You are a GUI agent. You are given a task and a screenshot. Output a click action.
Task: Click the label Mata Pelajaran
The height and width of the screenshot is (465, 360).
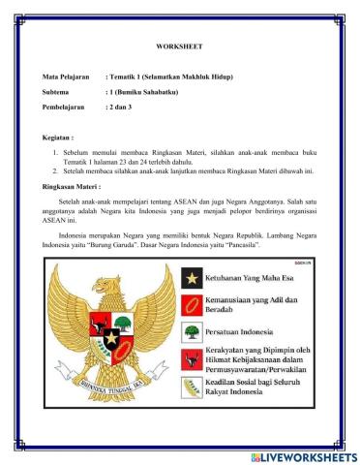67,76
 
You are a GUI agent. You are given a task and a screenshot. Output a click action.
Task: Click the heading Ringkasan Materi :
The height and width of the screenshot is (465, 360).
72,185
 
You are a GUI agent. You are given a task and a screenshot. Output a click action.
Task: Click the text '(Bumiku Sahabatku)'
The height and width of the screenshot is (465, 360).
148,93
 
